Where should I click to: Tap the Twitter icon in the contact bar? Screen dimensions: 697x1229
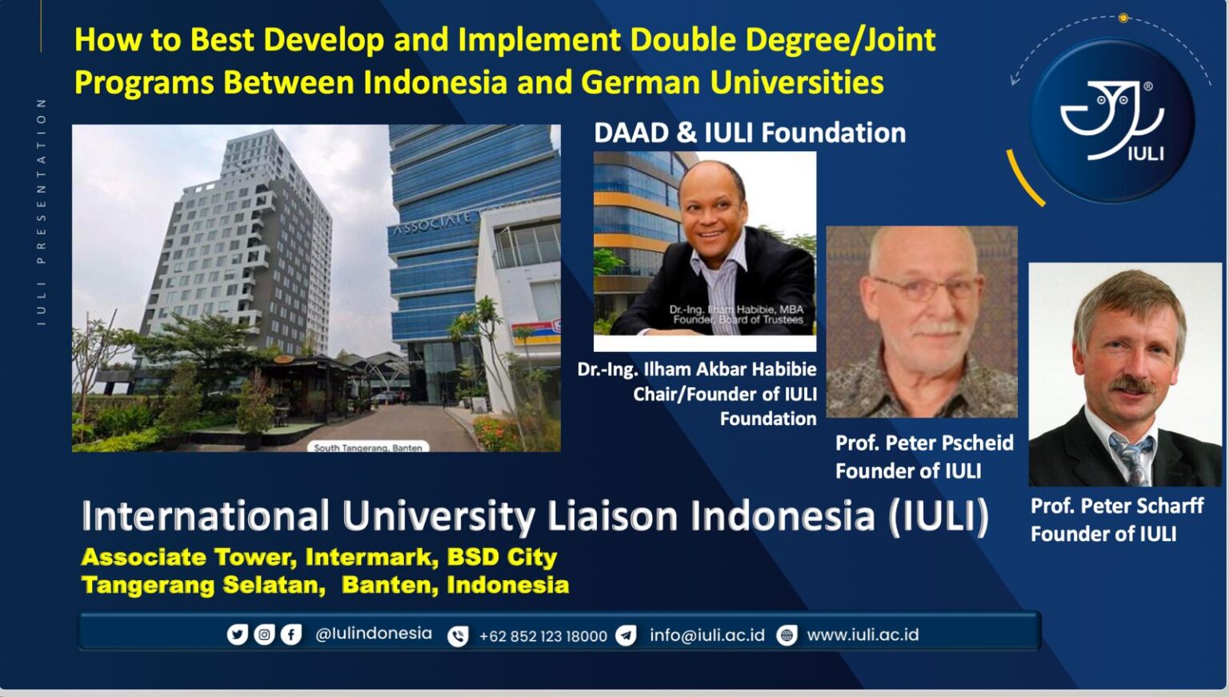click(237, 635)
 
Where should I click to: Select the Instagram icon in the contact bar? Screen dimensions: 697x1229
click(264, 635)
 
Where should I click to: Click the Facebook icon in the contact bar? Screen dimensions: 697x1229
click(291, 635)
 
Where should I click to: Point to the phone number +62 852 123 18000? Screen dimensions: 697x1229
click(542, 636)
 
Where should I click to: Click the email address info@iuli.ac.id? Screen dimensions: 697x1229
click(707, 635)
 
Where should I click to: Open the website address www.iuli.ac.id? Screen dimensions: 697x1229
click(863, 635)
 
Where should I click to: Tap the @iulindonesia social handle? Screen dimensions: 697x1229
click(374, 634)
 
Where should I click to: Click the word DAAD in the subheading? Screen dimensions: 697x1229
click(631, 133)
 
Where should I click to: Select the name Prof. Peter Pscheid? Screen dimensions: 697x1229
click(924, 443)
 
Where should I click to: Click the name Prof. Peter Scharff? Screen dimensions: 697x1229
click(1117, 506)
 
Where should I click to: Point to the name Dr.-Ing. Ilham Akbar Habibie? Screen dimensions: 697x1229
click(697, 370)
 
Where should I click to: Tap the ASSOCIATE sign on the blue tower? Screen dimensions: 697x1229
click(432, 223)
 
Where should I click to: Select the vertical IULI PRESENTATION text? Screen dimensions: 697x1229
click(41, 211)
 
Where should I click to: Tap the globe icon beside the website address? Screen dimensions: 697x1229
click(787, 635)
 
